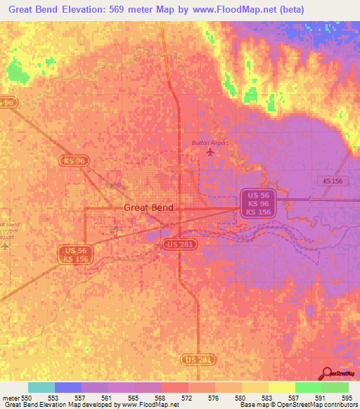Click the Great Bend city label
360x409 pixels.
148,207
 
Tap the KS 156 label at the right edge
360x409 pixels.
333,181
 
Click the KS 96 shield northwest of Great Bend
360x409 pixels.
74,161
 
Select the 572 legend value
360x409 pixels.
186,398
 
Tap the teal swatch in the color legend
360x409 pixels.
41,387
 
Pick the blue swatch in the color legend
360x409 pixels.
68,387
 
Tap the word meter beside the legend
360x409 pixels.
11,398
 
